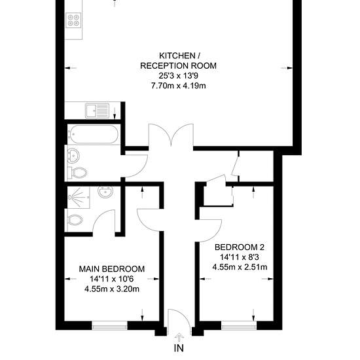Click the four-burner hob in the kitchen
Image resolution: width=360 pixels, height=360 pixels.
73,20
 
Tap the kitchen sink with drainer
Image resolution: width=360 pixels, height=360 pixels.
97,111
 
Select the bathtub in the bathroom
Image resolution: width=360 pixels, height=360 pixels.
94,134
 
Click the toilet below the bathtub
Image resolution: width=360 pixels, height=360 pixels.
77,172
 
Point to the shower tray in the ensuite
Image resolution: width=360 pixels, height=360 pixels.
78,198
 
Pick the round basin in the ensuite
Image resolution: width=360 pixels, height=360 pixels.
105,192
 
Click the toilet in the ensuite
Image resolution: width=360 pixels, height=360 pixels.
74,221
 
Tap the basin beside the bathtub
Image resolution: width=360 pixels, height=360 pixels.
73,155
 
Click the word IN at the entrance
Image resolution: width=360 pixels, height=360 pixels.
179,348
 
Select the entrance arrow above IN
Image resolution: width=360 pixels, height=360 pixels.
179,337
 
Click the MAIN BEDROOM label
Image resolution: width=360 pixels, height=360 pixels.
112,269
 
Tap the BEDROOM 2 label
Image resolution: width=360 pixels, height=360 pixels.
240,247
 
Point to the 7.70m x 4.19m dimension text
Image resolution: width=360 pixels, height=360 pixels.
179,86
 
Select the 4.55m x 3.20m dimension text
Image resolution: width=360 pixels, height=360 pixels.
112,289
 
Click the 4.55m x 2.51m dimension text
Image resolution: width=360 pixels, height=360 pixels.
240,267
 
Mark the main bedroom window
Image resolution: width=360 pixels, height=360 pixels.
109,325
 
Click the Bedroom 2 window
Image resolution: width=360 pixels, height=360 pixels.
239,325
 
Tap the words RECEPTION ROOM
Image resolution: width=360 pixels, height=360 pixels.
179,66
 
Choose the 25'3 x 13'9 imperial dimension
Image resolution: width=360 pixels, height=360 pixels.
179,76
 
